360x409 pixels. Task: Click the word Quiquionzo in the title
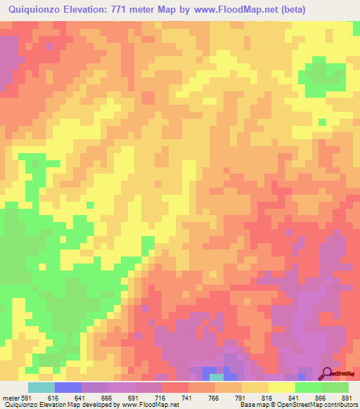34,11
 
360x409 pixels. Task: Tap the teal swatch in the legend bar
41,387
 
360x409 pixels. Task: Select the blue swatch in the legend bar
68,387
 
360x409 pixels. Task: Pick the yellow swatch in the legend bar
282,387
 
